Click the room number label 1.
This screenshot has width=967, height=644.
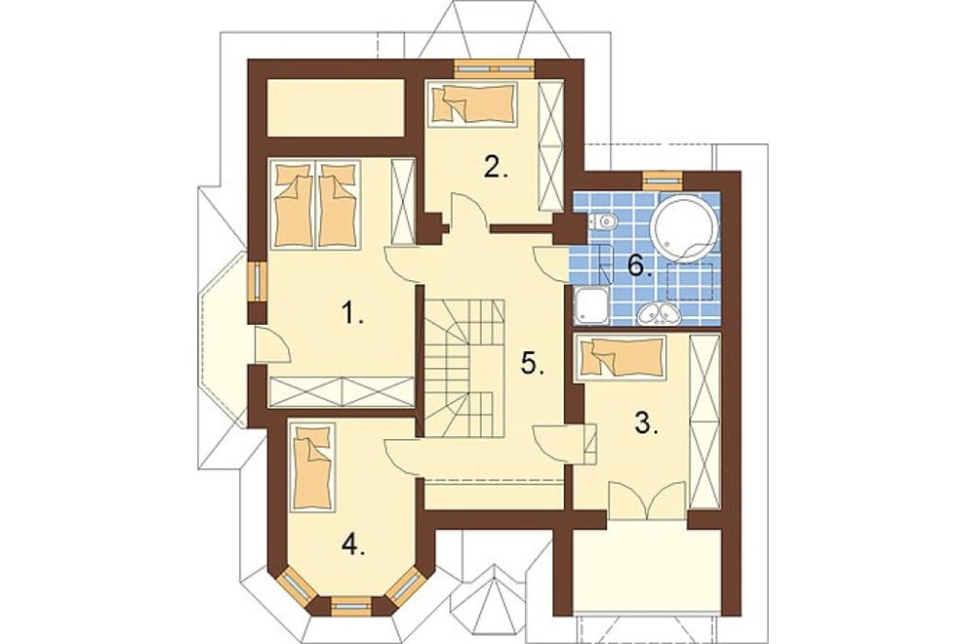coord(352,314)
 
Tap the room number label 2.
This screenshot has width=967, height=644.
coord(496,166)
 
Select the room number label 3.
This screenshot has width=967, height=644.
coord(646,424)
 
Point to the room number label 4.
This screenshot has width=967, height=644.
coord(353,544)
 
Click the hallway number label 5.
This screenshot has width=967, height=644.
coord(532,364)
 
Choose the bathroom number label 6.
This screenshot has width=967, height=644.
coord(639,266)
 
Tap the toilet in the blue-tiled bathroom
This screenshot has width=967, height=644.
coord(601,220)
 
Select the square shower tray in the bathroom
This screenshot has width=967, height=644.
coord(592,307)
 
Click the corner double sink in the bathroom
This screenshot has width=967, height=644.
coord(659,314)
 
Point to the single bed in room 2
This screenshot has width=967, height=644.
coord(473,104)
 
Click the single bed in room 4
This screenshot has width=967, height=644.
coord(312,466)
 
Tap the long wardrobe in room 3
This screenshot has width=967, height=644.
coord(705,422)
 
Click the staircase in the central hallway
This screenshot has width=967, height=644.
coord(464,367)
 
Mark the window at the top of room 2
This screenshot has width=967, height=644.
coord(493,69)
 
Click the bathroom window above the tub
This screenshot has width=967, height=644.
coord(662,180)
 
